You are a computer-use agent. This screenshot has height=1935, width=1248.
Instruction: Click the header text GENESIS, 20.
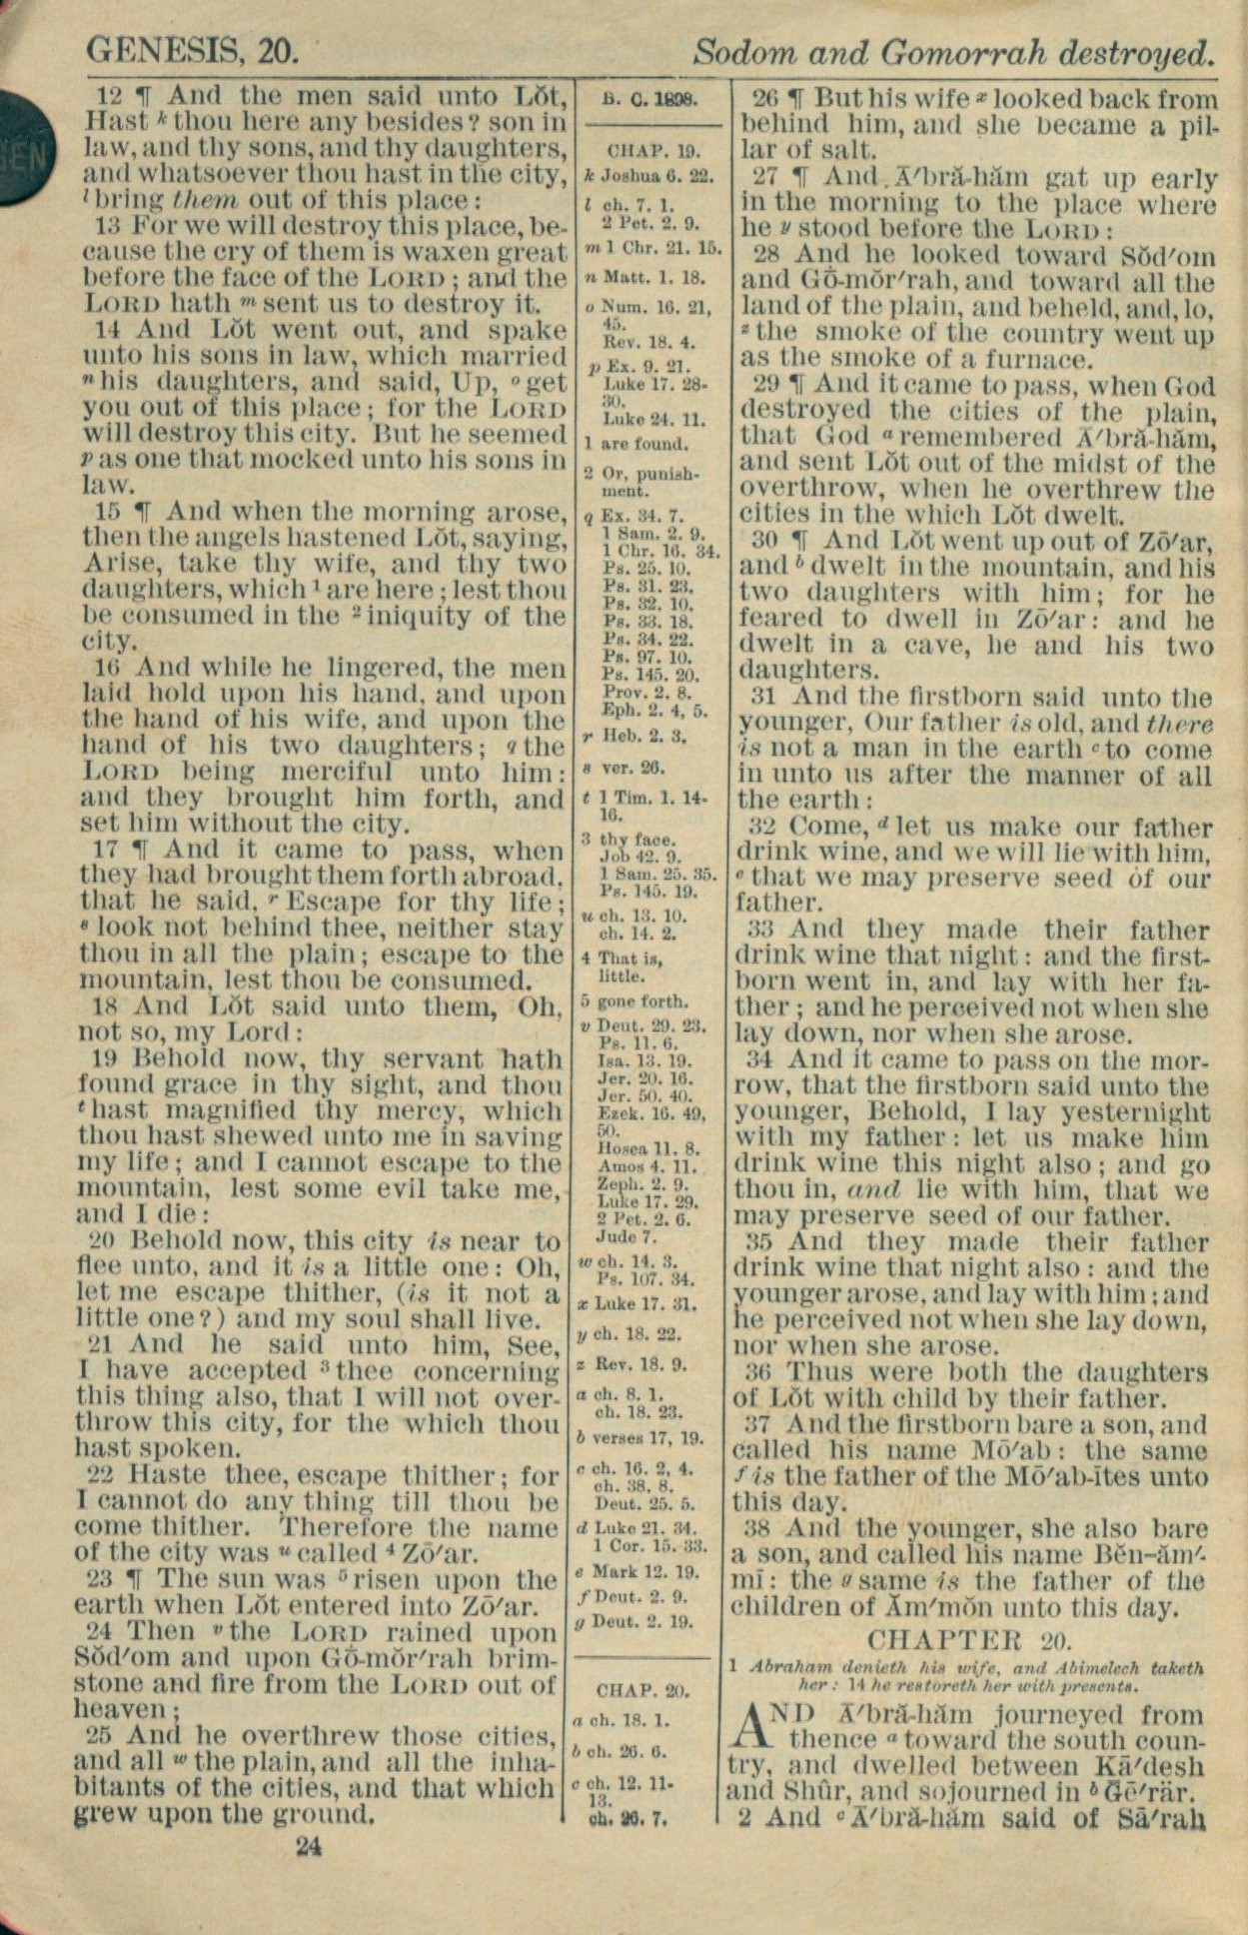tap(192, 49)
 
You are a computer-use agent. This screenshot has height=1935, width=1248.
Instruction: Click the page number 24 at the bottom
tap(309, 1846)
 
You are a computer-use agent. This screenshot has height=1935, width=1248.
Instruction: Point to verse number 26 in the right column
tap(764, 100)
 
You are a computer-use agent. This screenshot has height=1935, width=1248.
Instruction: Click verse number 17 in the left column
tap(107, 851)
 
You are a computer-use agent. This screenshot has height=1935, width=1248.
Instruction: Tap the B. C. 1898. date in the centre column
tap(651, 100)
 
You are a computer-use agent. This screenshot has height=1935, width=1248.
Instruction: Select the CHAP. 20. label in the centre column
tap(642, 1690)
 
